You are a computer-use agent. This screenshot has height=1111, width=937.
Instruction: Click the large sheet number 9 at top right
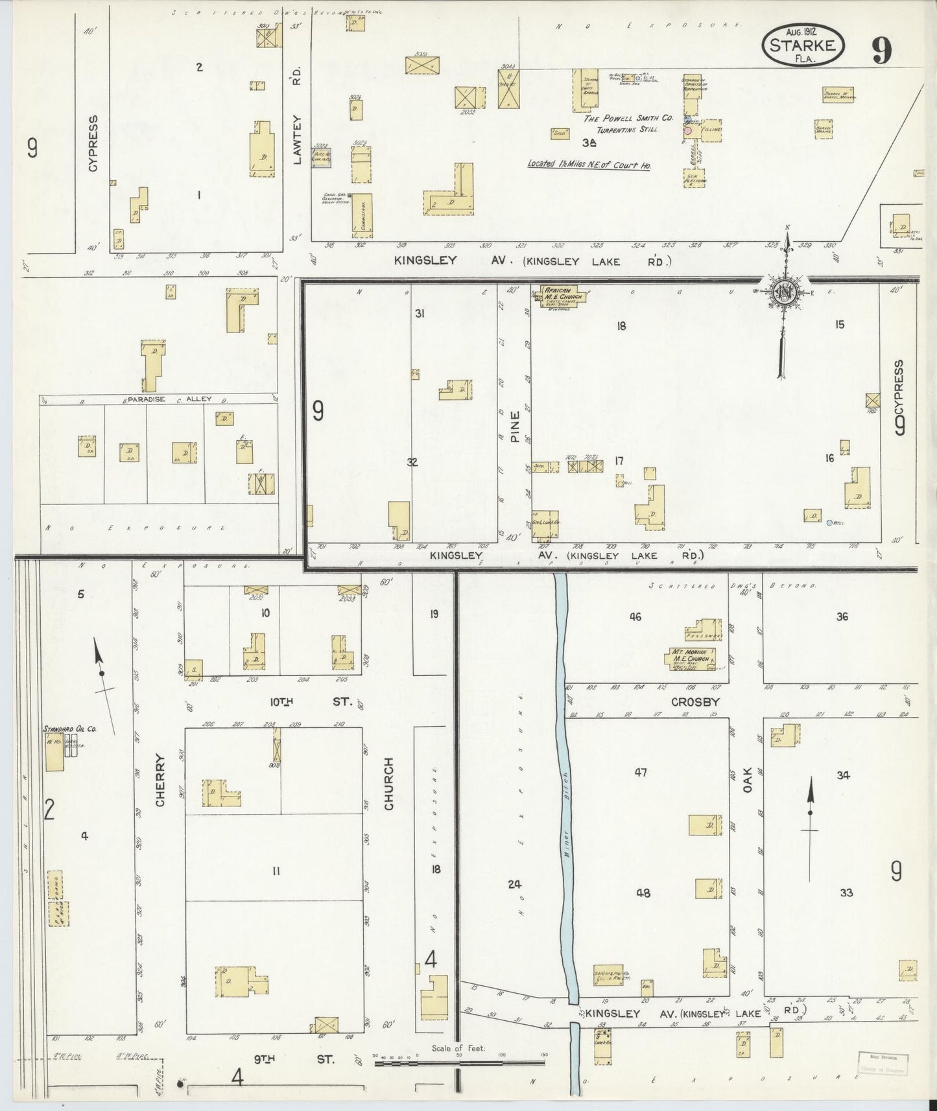(x=881, y=50)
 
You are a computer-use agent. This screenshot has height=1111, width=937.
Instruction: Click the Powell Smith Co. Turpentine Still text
(x=621, y=124)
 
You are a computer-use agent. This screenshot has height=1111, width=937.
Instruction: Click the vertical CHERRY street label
(x=161, y=788)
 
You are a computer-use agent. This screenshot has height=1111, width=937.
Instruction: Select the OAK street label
(x=747, y=783)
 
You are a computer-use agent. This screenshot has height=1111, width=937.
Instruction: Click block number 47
(x=641, y=773)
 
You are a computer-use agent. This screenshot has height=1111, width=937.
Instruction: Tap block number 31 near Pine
(x=420, y=314)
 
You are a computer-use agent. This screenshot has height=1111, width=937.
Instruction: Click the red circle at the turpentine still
(x=689, y=130)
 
